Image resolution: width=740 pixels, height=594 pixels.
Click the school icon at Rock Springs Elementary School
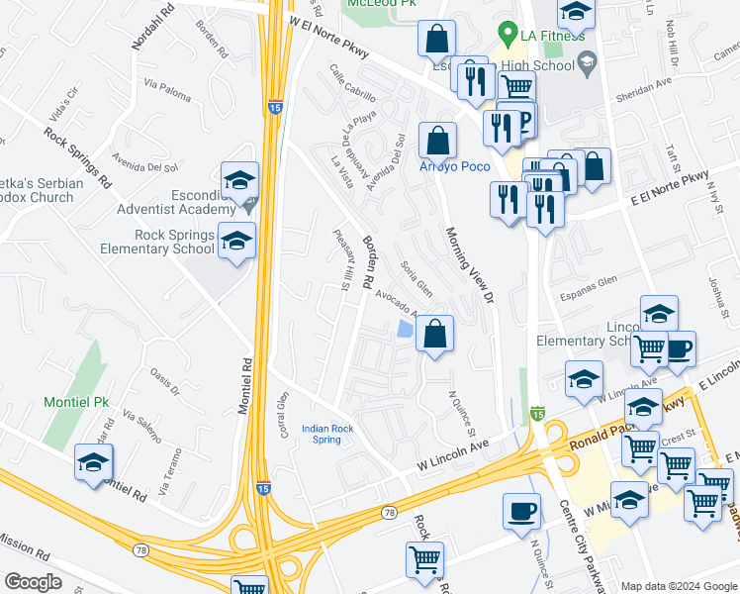(x=237, y=242)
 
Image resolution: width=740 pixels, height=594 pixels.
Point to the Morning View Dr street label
(x=468, y=263)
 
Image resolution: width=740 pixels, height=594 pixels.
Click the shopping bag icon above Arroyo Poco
(x=437, y=140)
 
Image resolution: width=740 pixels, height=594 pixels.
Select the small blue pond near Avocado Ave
(x=404, y=330)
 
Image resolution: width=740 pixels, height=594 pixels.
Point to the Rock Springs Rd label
(x=76, y=153)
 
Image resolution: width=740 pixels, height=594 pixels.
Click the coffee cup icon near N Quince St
(x=521, y=513)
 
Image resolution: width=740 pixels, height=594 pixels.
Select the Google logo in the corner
(x=32, y=582)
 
